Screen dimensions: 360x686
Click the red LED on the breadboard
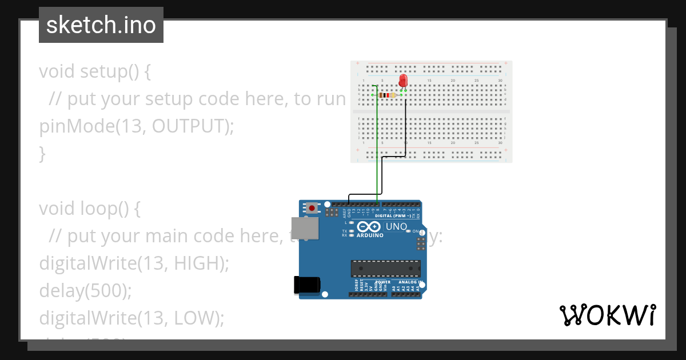403,81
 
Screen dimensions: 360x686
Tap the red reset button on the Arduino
312,209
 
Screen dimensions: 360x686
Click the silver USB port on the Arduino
304,228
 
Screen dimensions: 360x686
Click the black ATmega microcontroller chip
385,269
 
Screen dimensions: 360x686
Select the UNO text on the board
396,227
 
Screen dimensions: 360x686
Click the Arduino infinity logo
369,227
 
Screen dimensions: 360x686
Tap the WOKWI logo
607,315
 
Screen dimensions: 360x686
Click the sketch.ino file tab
101,25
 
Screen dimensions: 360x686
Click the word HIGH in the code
198,263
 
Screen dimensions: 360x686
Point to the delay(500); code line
85,291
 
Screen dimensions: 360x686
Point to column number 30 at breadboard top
500,80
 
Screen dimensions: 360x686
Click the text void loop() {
89,209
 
